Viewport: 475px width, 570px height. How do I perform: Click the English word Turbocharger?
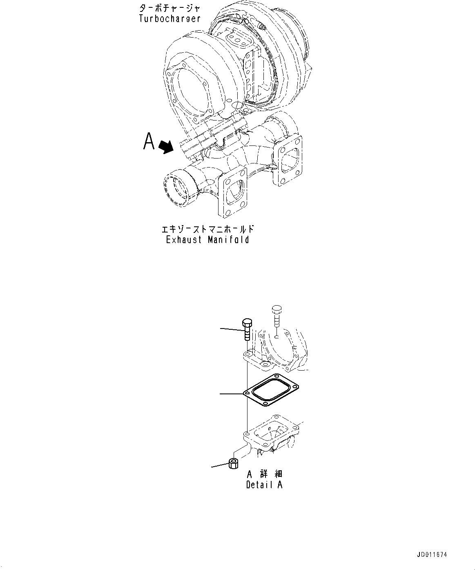click(x=169, y=19)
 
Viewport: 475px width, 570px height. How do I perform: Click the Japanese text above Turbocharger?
click(x=169, y=8)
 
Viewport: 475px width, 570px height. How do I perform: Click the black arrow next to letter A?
click(x=165, y=146)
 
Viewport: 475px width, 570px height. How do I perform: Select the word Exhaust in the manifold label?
click(x=184, y=240)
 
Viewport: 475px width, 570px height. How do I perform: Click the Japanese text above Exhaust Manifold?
click(x=208, y=229)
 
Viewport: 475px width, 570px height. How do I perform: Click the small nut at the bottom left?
click(x=233, y=464)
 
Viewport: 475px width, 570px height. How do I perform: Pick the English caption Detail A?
click(x=264, y=485)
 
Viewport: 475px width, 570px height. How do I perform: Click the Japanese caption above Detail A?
click(x=265, y=474)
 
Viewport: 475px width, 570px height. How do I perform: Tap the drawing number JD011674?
click(x=432, y=555)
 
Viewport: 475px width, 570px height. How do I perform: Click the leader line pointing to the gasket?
click(x=232, y=393)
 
